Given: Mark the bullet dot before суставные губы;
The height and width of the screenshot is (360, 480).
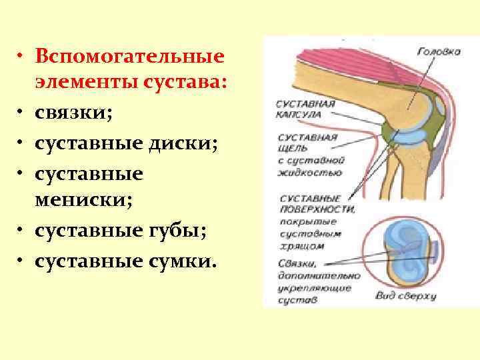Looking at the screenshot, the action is (23, 231).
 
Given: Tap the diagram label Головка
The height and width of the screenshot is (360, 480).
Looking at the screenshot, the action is (439, 51).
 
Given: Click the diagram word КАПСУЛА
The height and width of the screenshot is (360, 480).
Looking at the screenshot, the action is (300, 115).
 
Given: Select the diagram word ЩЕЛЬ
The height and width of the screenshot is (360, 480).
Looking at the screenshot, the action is (294, 149).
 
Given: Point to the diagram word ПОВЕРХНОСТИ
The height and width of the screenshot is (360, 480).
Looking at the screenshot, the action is (319, 209).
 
